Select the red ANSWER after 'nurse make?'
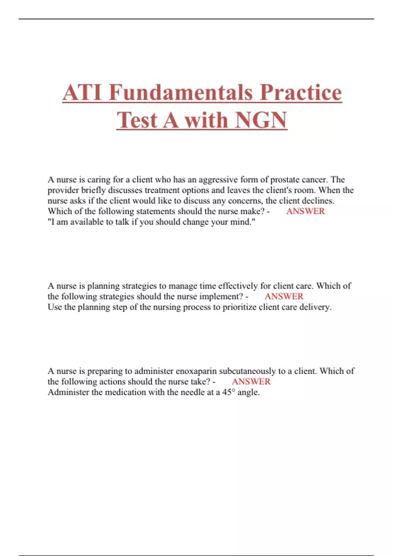[305, 211]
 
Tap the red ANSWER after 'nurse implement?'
[284, 296]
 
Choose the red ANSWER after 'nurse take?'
[251, 381]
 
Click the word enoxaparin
[196, 371]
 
